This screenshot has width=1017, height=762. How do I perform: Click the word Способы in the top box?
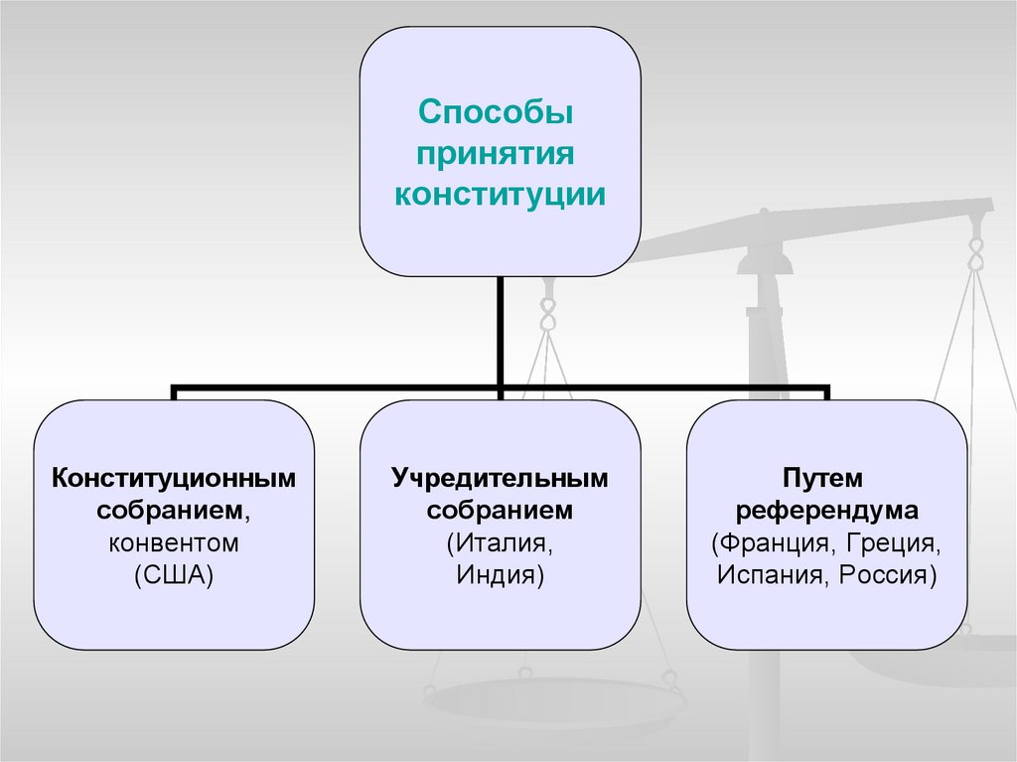pos(500,110)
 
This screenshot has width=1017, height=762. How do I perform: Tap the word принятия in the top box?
pos(500,152)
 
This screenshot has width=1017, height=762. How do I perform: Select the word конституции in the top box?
pos(500,193)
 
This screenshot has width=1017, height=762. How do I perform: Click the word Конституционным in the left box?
pos(175,478)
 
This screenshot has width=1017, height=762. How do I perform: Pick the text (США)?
pos(175,575)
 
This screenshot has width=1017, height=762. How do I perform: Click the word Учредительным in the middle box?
pos(500,478)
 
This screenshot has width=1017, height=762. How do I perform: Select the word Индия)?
pos(500,575)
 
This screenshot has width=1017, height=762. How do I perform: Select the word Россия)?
pos(886,575)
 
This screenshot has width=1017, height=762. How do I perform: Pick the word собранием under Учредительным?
pos(500,511)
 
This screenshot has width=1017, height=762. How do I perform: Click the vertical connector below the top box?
pos(500,328)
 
